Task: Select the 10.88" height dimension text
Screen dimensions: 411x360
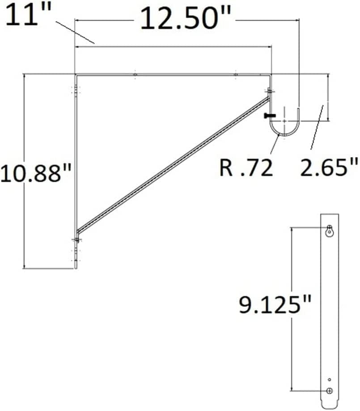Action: pos(36,173)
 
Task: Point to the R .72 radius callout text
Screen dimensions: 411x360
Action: pos(246,168)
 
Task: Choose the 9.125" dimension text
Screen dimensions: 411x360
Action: pos(275,305)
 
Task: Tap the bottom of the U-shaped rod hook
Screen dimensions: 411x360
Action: pos(284,134)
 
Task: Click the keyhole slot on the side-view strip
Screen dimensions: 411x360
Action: pos(330,231)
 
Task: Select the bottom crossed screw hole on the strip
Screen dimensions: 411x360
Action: pos(330,390)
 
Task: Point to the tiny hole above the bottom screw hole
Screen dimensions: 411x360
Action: pos(330,379)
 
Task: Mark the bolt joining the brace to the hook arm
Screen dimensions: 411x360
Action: pos(270,92)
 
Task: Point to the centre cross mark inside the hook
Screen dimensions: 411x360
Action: pos(284,120)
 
